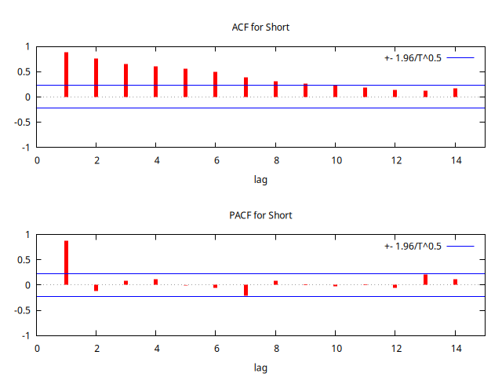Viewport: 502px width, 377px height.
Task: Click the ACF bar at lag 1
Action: (x=66, y=75)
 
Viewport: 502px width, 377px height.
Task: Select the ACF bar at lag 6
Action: (x=215, y=85)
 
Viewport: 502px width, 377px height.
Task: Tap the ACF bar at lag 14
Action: (x=455, y=93)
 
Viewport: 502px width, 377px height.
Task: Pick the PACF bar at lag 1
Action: (x=66, y=262)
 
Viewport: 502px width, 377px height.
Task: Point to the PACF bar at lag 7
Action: (x=246, y=290)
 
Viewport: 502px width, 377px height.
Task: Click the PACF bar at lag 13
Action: (x=425, y=280)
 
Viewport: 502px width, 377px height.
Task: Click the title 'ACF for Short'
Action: (x=261, y=27)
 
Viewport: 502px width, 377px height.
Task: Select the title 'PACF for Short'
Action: (x=261, y=215)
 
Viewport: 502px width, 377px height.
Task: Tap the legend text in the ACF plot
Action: (x=413, y=58)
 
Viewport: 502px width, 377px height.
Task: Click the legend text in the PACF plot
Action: (x=413, y=246)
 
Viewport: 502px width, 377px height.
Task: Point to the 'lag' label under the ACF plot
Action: (x=261, y=179)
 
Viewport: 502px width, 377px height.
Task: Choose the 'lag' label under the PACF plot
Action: (x=261, y=367)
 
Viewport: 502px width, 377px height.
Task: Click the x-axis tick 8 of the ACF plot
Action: (x=275, y=160)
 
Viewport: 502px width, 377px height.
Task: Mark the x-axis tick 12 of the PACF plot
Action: (x=395, y=348)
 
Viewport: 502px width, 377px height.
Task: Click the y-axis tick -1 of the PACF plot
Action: (x=26, y=335)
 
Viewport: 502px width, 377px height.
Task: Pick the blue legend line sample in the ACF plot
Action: (x=461, y=58)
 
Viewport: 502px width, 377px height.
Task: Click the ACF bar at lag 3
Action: (x=125, y=80)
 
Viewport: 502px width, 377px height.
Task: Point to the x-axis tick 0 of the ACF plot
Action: (x=36, y=160)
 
